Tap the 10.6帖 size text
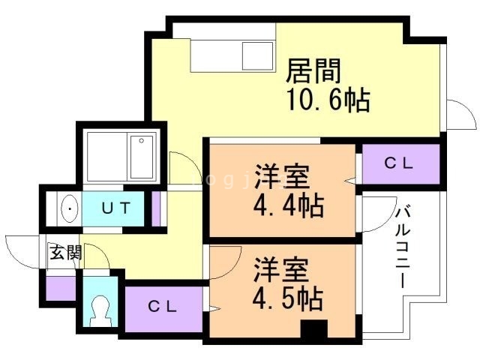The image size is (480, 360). (328, 100)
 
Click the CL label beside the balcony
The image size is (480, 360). (400, 163)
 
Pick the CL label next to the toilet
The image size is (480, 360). (162, 306)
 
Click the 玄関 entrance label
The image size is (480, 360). (65, 253)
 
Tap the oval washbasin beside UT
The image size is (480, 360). (68, 208)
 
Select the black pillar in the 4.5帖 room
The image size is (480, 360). (313, 330)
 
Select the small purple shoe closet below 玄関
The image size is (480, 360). (59, 289)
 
